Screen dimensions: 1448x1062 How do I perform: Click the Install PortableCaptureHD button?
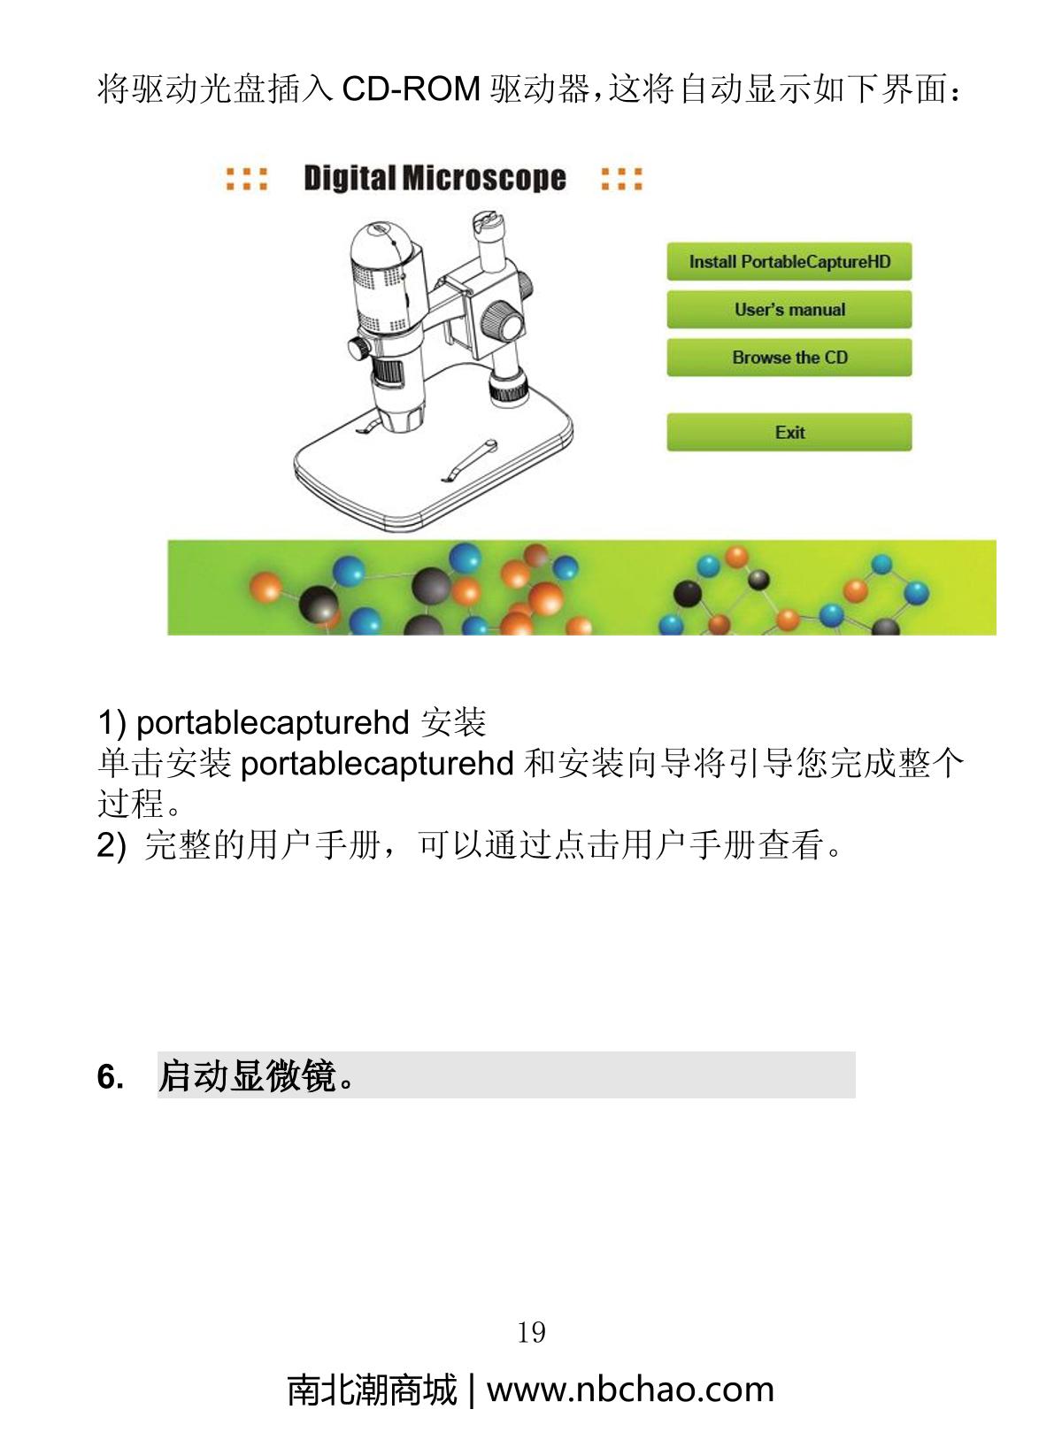(789, 262)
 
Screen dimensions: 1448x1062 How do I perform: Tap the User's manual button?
(789, 310)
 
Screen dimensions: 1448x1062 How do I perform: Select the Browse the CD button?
(789, 358)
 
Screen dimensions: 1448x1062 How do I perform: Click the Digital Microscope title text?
(435, 178)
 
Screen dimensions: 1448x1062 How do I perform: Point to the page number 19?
(531, 1332)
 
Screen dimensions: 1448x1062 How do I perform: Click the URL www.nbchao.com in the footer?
(630, 1390)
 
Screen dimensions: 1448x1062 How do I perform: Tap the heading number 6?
(110, 1077)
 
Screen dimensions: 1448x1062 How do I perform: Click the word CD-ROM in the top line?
(411, 89)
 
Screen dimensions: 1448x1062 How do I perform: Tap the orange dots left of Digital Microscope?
(246, 179)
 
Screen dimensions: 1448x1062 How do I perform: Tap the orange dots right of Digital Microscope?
(621, 179)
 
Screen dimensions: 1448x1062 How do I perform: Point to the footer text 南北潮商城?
(372, 1390)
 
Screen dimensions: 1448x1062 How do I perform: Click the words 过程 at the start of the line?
(130, 804)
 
